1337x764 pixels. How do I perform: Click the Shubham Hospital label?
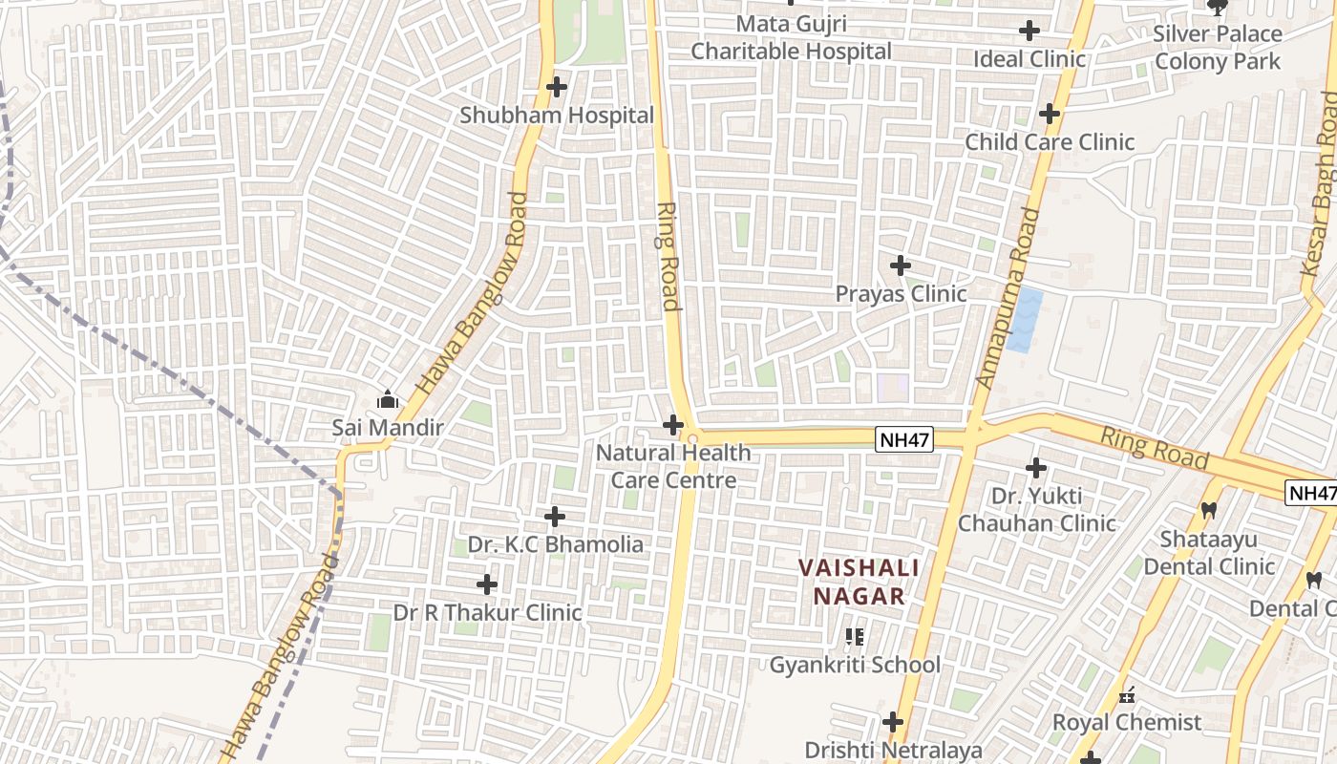[x=557, y=116]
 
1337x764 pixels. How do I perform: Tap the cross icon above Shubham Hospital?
[x=557, y=87]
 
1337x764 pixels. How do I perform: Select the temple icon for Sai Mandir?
[x=388, y=399]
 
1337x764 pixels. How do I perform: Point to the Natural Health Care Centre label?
[x=673, y=466]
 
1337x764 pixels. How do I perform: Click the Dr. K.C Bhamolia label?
[x=555, y=544]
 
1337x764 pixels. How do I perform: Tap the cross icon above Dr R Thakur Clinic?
[x=487, y=584]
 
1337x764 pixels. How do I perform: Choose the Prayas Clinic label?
[x=901, y=293]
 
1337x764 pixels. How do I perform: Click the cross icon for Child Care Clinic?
[x=1050, y=115]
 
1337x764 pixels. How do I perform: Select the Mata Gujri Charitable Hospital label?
[x=791, y=37]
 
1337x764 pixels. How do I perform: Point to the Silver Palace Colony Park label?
[x=1218, y=48]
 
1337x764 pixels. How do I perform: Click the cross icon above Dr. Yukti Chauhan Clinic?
[x=1036, y=468]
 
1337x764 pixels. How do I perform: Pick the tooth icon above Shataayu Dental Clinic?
[x=1209, y=511]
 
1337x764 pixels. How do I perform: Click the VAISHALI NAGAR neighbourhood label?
[x=859, y=582]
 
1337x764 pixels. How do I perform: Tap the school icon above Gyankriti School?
[x=855, y=636]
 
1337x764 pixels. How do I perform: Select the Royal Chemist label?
[x=1127, y=722]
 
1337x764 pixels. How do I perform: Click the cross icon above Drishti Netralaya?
[x=893, y=722]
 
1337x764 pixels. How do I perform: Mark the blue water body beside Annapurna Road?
[x=1023, y=321]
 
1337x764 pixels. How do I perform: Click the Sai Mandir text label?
[x=388, y=427]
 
